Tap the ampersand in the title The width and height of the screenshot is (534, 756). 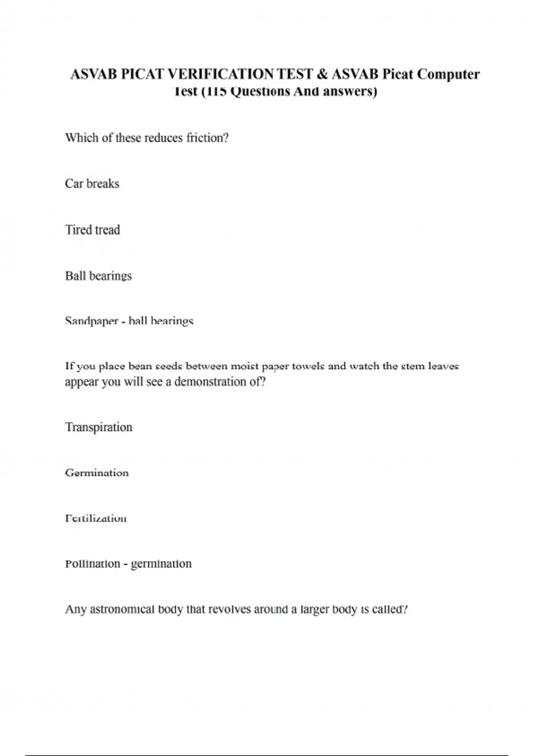pos(321,74)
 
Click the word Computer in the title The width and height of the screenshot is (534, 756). pos(449,74)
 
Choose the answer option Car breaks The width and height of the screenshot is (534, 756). pos(92,184)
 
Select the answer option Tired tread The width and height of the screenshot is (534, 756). pos(93,230)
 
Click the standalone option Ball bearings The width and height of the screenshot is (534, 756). pos(98,276)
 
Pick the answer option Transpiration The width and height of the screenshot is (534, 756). pos(99,427)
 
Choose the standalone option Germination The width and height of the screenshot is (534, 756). pos(97,473)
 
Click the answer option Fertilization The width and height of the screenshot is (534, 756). pos(96,519)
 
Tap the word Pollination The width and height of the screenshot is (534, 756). pos(93,564)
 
